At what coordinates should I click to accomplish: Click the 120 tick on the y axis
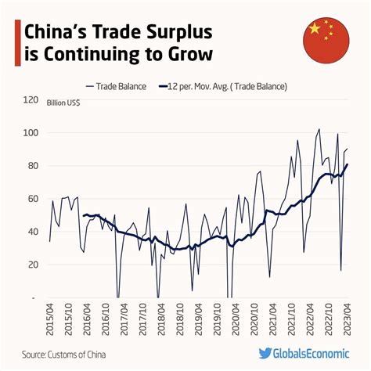(31, 100)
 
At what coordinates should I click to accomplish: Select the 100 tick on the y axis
(31, 133)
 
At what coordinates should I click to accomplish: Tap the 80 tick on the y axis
(33, 166)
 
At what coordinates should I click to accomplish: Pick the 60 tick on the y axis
(33, 199)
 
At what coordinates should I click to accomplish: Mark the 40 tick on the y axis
(33, 232)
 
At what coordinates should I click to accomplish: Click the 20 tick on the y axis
(33, 265)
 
